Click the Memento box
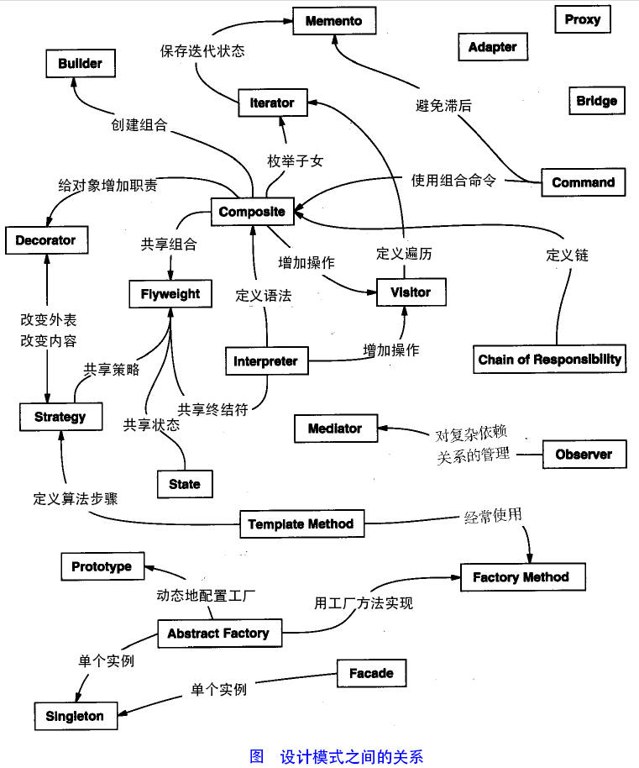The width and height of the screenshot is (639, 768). [x=334, y=20]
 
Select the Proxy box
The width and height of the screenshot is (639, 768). [x=582, y=19]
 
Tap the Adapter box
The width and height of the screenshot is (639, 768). [x=492, y=47]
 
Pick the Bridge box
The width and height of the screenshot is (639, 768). [x=596, y=102]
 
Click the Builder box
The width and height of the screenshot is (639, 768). [x=80, y=64]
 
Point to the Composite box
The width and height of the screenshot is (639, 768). [x=252, y=212]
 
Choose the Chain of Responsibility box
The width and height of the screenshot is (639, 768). [x=550, y=360]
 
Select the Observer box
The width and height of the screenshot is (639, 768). [x=584, y=455]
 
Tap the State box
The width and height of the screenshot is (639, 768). [x=185, y=484]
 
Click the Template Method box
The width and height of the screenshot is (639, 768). [x=301, y=524]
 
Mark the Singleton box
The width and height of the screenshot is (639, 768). [x=76, y=716]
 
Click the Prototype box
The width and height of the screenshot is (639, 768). [x=102, y=566]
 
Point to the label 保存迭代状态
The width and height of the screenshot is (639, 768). [x=202, y=50]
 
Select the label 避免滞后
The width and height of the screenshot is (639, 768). [x=443, y=106]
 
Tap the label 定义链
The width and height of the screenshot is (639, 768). [x=567, y=255]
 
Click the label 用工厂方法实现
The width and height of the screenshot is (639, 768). [x=364, y=602]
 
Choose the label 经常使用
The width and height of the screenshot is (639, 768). [x=494, y=514]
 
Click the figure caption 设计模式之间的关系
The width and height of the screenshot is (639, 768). [x=351, y=755]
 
